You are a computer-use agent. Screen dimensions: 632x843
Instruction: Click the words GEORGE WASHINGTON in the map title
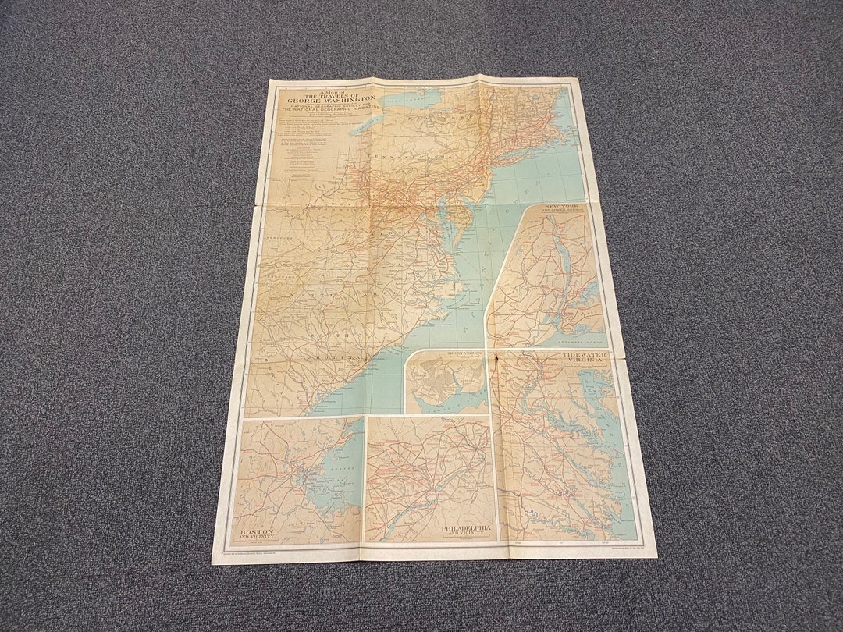pos(320,101)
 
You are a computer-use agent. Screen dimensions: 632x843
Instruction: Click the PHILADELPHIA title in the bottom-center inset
pos(467,528)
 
